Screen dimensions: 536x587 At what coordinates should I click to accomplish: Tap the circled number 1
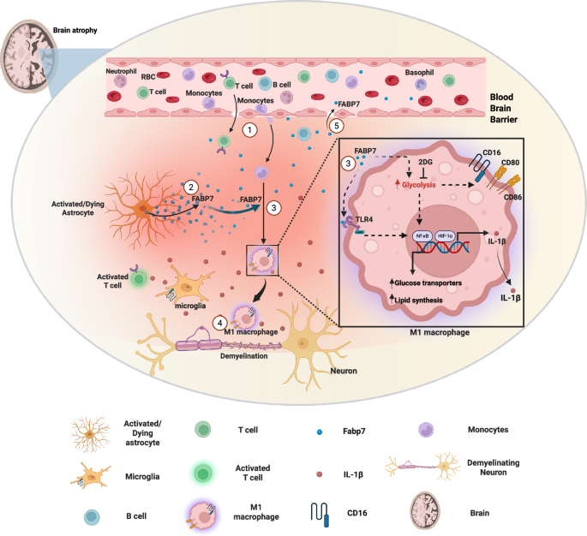(x=249, y=130)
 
